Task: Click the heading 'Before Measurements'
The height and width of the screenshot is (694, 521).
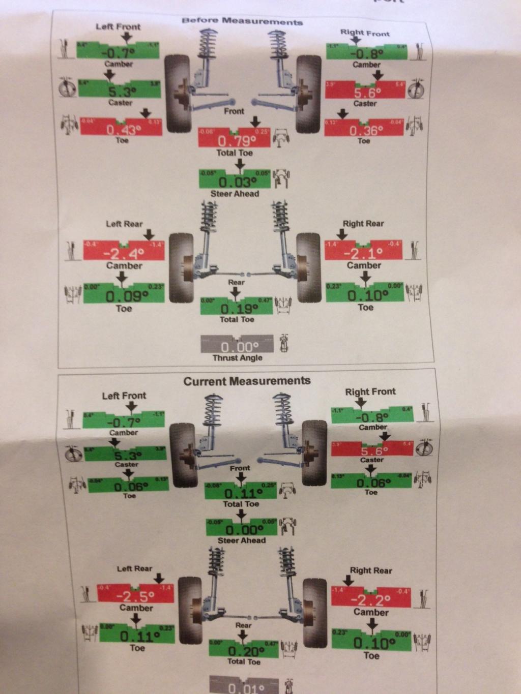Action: click(x=242, y=21)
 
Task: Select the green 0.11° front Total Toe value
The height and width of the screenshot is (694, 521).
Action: click(x=241, y=492)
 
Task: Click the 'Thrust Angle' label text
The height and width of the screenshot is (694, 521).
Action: click(x=238, y=358)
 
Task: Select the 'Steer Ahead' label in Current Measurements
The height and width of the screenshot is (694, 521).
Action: click(x=242, y=540)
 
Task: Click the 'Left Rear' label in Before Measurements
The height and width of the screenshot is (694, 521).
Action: click(x=124, y=224)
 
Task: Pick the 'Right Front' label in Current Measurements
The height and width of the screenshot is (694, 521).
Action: click(x=370, y=392)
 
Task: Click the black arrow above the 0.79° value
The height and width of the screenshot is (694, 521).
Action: click(x=255, y=121)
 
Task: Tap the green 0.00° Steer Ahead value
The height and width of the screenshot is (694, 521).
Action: click(x=242, y=528)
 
